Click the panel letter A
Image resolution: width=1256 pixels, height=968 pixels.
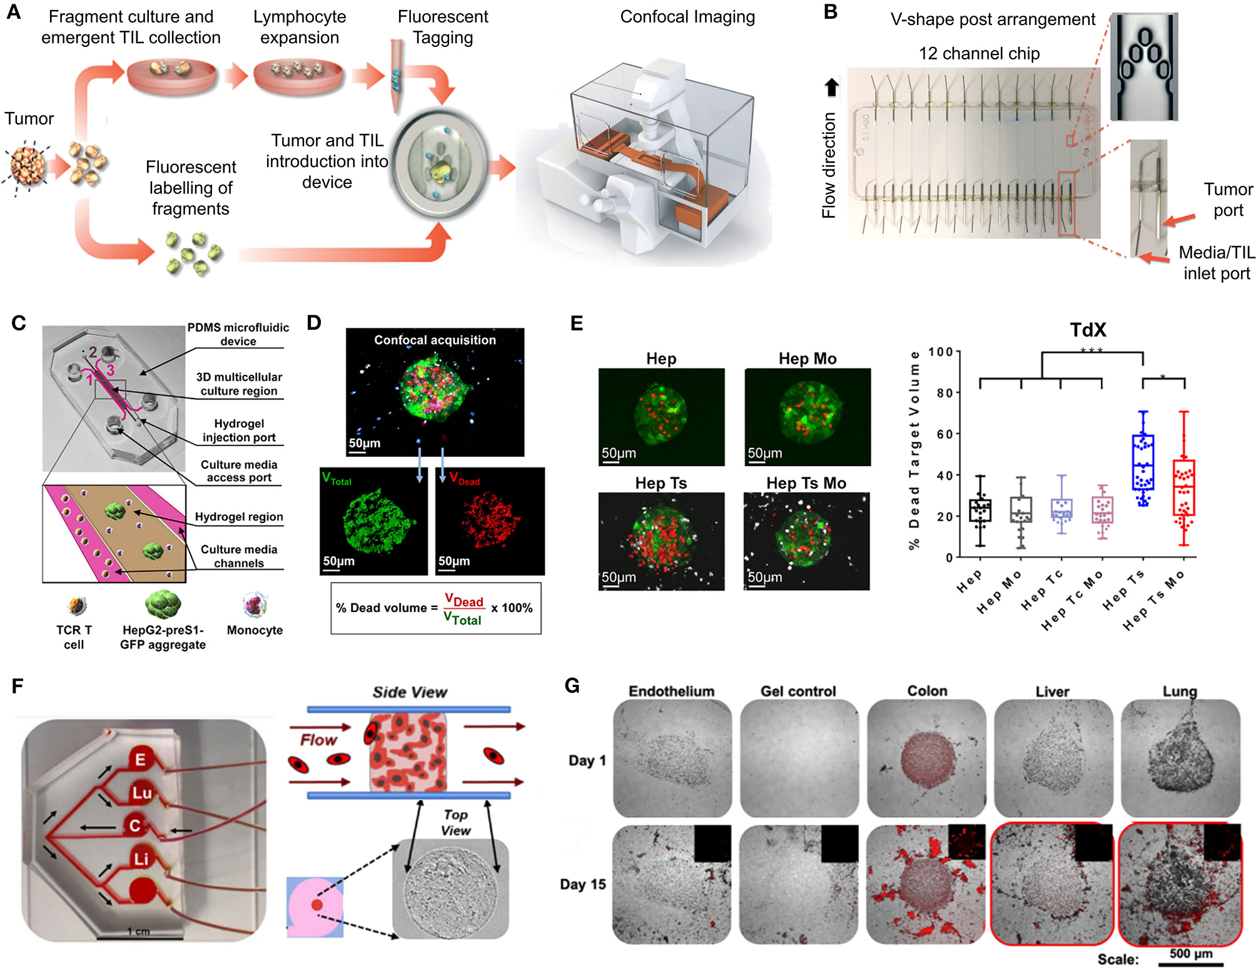(14, 13)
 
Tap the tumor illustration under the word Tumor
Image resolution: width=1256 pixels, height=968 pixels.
(28, 166)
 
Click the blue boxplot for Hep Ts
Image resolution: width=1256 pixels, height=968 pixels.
(1143, 462)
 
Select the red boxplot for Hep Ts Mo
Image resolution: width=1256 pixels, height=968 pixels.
(1183, 487)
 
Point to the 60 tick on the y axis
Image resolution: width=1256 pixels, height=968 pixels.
(944, 434)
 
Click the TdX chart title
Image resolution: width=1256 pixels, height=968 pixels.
(1088, 330)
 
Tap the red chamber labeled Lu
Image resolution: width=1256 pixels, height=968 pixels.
(141, 793)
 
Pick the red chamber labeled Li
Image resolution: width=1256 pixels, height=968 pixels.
(141, 858)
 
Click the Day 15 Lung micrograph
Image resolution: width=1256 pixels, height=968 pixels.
(1180, 884)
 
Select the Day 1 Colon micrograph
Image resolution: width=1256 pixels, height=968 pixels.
(926, 758)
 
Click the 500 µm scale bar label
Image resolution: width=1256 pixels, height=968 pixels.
(1190, 954)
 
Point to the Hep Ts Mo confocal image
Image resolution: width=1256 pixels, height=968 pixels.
(806, 541)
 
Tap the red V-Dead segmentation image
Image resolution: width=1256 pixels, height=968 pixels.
(490, 521)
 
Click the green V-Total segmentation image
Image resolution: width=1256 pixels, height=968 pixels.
(373, 521)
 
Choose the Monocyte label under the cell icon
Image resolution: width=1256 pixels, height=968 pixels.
(255, 630)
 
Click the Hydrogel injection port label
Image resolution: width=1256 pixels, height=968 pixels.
(239, 431)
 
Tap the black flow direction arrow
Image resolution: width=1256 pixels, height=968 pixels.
(831, 87)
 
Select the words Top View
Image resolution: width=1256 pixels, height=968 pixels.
(455, 822)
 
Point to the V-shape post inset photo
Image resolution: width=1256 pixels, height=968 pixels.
(1143, 66)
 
